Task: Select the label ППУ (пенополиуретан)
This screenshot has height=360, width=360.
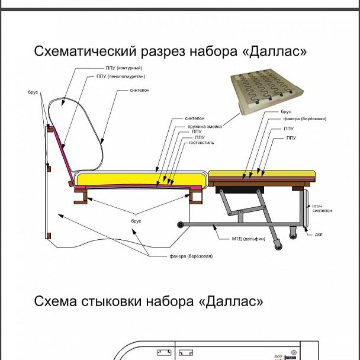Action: [120, 77]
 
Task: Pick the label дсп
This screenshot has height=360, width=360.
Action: [318, 233]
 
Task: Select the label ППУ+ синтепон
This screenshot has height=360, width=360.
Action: [318, 208]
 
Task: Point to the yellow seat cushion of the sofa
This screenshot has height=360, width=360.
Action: [139, 178]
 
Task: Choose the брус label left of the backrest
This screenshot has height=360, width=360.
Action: [33, 94]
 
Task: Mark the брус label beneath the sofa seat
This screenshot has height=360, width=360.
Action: [136, 221]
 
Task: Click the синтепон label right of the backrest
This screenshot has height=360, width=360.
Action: [139, 91]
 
